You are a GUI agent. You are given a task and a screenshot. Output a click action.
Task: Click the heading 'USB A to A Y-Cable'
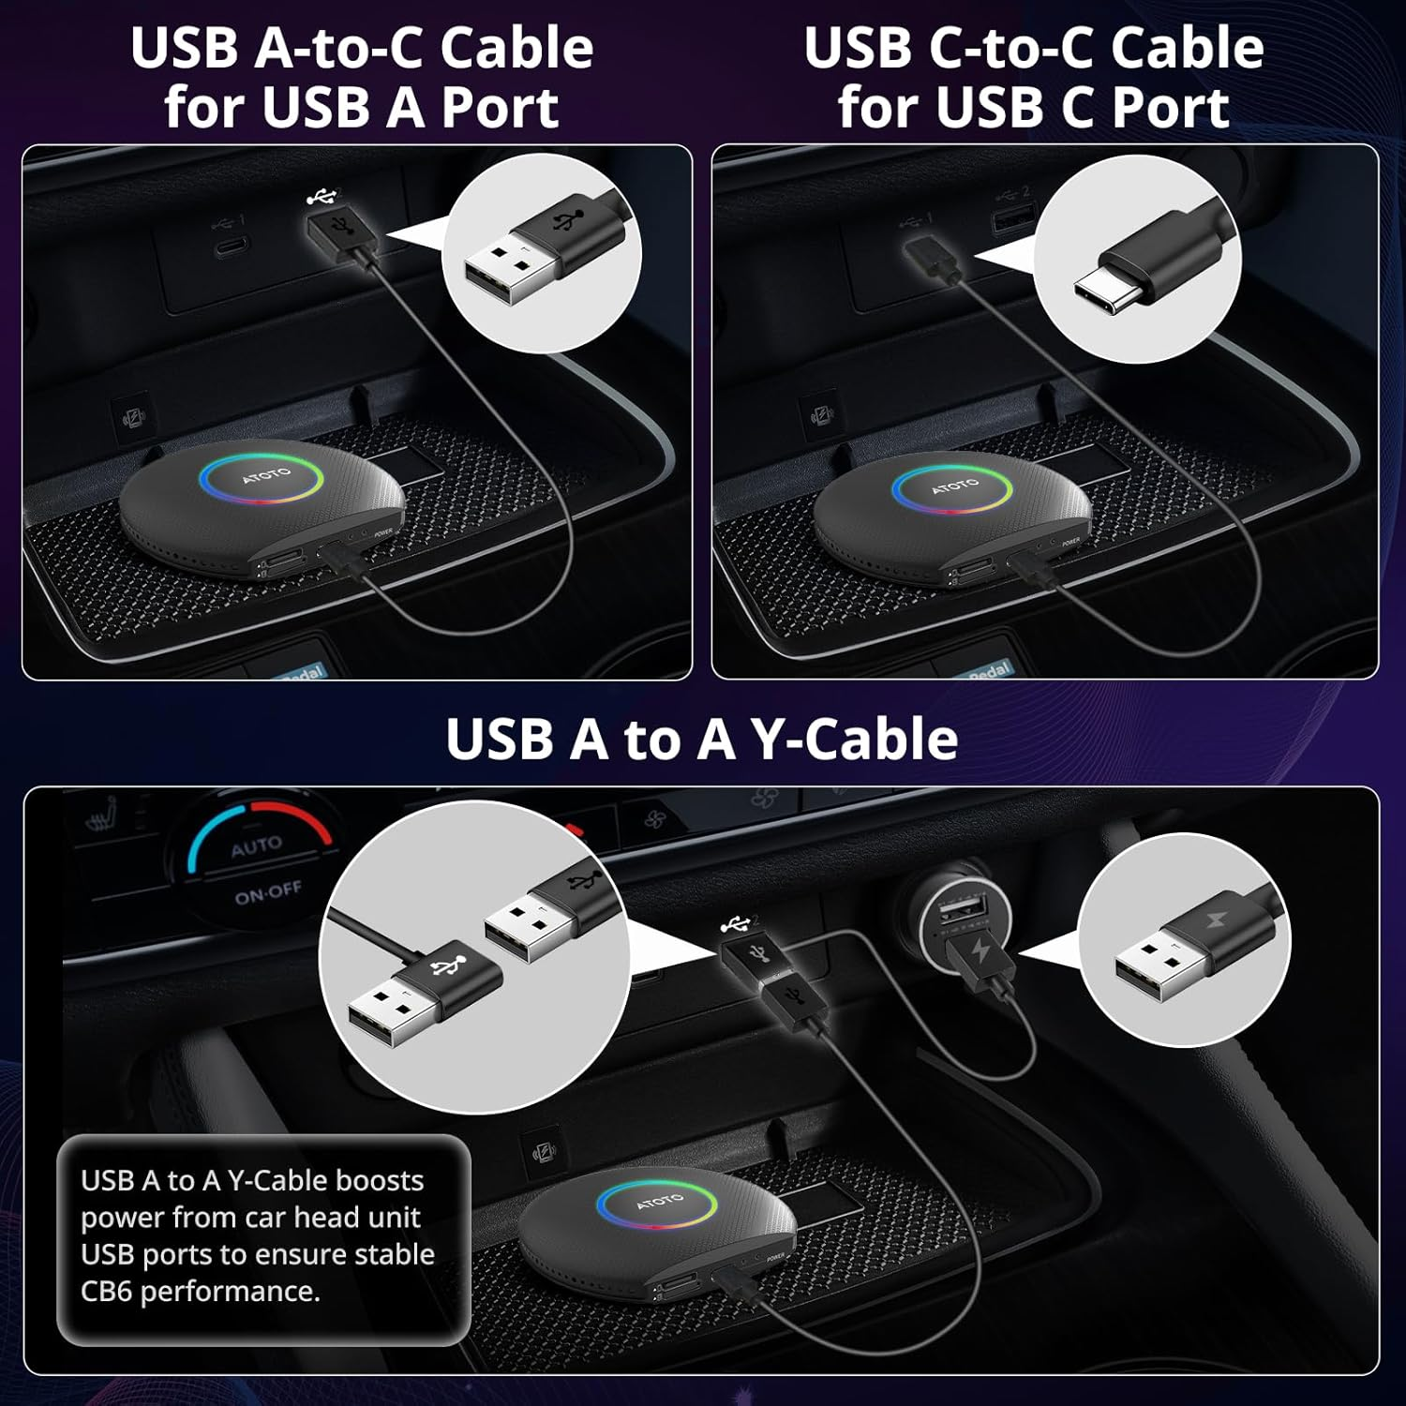pyautogui.click(x=701, y=739)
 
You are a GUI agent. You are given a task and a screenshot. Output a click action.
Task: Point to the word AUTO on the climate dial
pyautogui.click(x=256, y=847)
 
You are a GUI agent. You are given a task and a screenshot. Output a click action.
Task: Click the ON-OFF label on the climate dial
pyautogui.click(x=268, y=892)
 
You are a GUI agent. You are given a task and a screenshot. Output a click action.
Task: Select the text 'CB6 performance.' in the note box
pyautogui.click(x=200, y=1292)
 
